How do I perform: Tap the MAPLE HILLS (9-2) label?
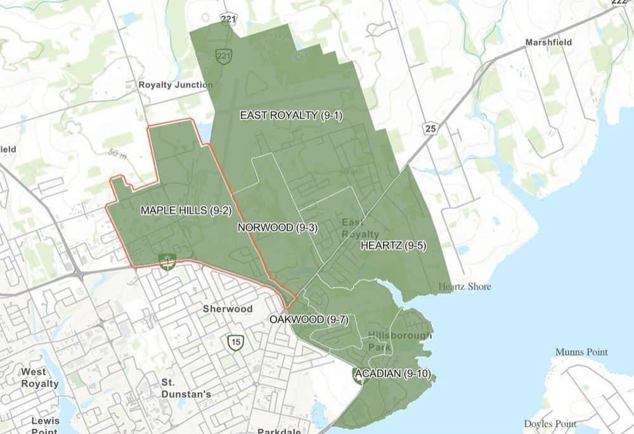[184, 210]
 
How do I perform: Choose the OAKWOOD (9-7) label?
[309, 319]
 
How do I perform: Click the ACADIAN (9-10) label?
[393, 374]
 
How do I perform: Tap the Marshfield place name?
[548, 42]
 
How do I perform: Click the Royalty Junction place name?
[176, 84]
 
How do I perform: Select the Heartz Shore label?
[465, 286]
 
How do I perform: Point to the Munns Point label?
[581, 352]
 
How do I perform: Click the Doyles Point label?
[550, 423]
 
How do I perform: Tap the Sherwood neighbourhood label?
[228, 309]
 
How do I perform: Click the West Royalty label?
[39, 378]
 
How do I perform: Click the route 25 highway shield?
[431, 129]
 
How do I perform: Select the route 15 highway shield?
[236, 343]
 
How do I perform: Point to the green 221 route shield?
[223, 56]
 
